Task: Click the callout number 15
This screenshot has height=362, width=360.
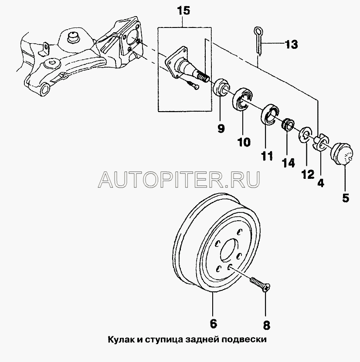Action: click(x=183, y=11)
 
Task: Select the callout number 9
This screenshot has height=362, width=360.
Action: click(x=221, y=128)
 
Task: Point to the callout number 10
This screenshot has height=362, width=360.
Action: click(x=244, y=142)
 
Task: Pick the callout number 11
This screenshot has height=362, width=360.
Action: click(x=266, y=155)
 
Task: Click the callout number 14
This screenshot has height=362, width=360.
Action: click(x=288, y=163)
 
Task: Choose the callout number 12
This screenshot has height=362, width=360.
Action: click(x=307, y=174)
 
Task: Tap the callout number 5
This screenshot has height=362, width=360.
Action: click(x=346, y=198)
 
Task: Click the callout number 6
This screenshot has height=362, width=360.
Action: click(x=213, y=324)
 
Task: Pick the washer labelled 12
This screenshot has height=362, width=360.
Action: click(x=307, y=135)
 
